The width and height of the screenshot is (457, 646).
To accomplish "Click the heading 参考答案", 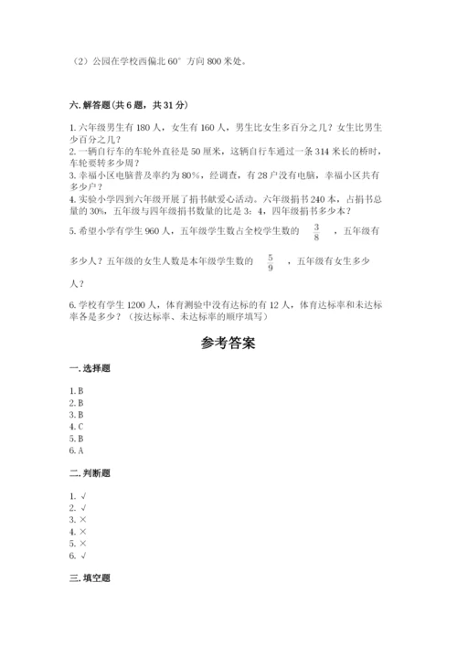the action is click(x=228, y=344).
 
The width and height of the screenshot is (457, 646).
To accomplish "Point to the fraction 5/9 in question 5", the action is click(x=271, y=263).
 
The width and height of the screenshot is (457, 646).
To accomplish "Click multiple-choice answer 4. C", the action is click(x=77, y=426).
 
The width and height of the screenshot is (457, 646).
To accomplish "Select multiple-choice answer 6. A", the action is click(x=77, y=450).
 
